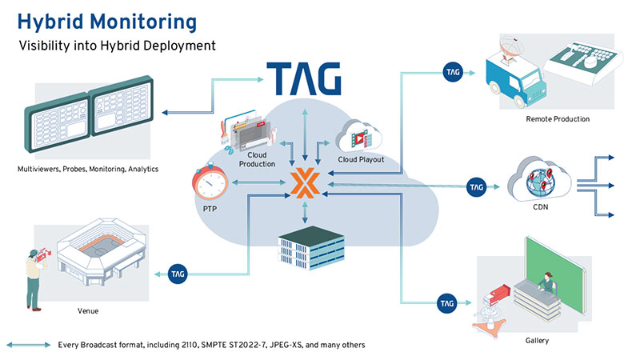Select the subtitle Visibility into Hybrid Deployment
tap(118, 46)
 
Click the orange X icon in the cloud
tap(303, 184)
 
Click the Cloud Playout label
tap(361, 159)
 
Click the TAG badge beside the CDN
tap(476, 188)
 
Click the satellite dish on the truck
tap(507, 46)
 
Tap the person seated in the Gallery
tap(546, 281)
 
